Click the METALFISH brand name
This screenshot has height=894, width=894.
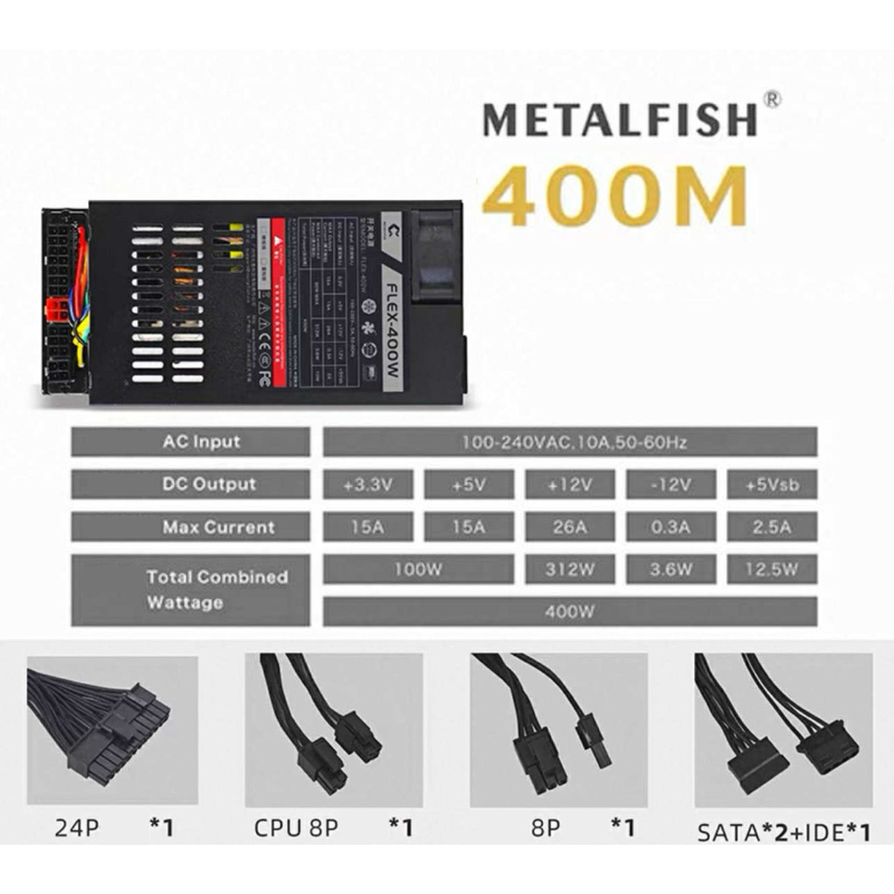pyautogui.click(x=619, y=120)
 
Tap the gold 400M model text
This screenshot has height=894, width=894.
pyautogui.click(x=615, y=196)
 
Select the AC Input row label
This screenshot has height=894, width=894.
pyautogui.click(x=190, y=442)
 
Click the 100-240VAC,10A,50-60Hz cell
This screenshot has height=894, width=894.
pyautogui.click(x=570, y=443)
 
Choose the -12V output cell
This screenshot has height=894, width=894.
pyautogui.click(x=670, y=485)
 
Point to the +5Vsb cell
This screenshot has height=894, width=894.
pyautogui.click(x=772, y=485)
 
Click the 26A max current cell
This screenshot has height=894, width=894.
pyautogui.click(x=569, y=526)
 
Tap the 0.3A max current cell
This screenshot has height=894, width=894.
pyautogui.click(x=670, y=526)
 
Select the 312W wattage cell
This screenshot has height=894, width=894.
pyautogui.click(x=569, y=569)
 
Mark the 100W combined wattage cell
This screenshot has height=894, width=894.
pyautogui.click(x=417, y=569)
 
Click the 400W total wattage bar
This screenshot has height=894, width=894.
pyautogui.click(x=570, y=611)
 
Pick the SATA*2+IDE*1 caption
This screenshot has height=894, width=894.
pyautogui.click(x=783, y=832)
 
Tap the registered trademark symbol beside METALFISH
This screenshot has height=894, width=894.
pyautogui.click(x=771, y=100)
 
